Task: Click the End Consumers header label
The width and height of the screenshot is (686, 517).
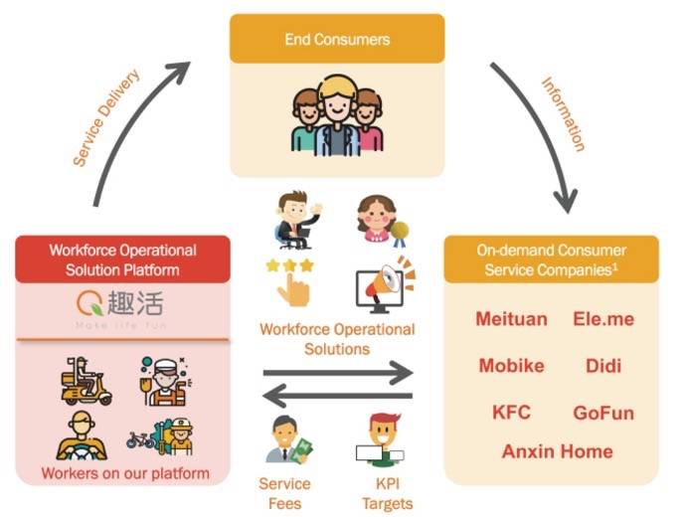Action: [x=337, y=40]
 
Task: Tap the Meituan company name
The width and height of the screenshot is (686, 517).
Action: [x=511, y=319]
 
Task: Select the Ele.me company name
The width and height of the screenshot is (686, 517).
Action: [x=603, y=319]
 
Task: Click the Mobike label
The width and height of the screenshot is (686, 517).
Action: [x=511, y=366]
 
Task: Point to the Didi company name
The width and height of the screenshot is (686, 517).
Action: [x=603, y=366]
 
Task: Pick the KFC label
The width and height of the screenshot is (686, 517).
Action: [x=511, y=412]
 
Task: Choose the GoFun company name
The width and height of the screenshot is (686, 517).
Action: [x=603, y=413]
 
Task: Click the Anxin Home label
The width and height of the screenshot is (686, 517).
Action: [x=557, y=451]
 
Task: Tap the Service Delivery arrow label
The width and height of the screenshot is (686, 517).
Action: [x=105, y=117]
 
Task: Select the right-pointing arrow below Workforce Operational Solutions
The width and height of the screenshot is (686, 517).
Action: [x=338, y=373]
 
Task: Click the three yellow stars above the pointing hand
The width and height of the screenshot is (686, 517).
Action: [x=289, y=265]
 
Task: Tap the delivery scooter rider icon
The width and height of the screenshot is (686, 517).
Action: [x=86, y=381]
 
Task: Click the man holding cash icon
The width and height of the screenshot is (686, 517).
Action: [x=289, y=439]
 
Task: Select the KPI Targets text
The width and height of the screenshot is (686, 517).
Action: [x=387, y=494]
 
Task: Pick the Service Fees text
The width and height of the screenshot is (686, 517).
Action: [x=284, y=494]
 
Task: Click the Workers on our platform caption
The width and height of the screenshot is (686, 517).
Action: [x=125, y=473]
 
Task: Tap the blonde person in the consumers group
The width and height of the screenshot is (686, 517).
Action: [x=337, y=116]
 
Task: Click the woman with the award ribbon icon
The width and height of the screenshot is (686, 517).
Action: [x=381, y=220]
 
